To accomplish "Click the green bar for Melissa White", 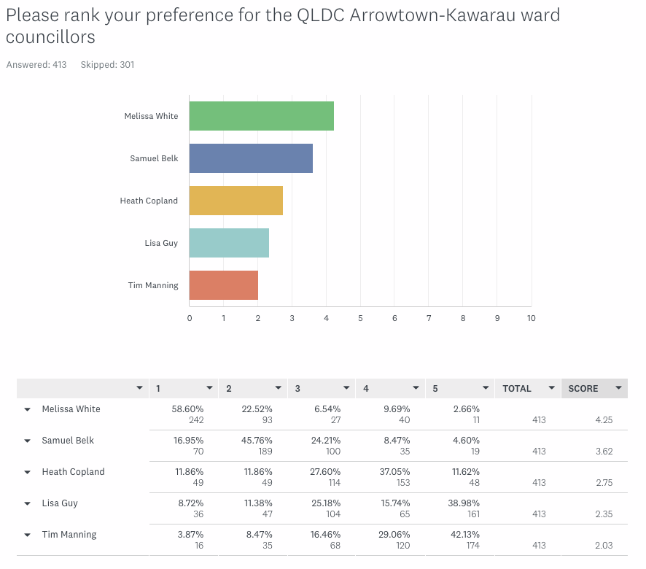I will pos(261,116).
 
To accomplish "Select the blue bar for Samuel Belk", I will pos(251,158).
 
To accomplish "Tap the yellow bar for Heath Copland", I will pos(236,201).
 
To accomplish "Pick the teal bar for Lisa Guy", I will pos(229,243).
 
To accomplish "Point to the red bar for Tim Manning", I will pos(223,285).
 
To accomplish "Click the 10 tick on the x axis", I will pos(531,318).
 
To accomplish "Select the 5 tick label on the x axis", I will pos(360,318).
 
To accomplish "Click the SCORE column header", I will pos(583,389).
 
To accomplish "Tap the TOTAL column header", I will pos(517,389).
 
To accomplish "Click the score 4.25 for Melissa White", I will pos(602,420).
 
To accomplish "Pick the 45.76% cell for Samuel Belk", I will pos(257,441).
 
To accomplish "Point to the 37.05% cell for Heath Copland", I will pos(394,472).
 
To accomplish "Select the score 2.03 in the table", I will pos(602,546).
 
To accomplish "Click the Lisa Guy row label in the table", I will pos(60,503).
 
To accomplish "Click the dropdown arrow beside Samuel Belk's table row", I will pos(27,441).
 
